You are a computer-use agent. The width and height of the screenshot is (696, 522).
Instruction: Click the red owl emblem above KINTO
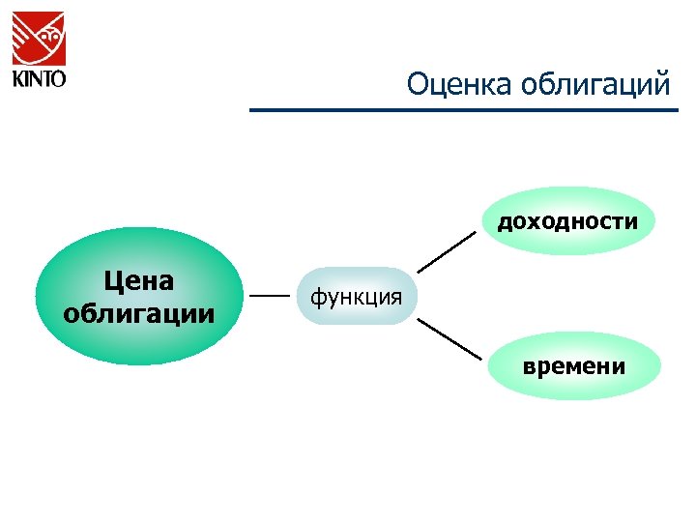click(39, 37)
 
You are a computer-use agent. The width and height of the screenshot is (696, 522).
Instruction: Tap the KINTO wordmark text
click(39, 77)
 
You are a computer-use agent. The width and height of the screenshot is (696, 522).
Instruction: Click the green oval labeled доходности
click(567, 220)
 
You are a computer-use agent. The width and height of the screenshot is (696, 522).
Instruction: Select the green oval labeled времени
click(574, 365)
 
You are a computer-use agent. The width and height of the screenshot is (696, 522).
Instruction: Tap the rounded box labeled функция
click(356, 296)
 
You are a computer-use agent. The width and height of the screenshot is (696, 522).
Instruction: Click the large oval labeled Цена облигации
click(139, 297)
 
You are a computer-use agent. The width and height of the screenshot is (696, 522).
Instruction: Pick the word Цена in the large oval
click(139, 281)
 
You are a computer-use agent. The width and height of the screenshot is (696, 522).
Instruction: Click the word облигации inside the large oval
click(139, 313)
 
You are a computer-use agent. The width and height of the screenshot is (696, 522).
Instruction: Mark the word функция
click(356, 296)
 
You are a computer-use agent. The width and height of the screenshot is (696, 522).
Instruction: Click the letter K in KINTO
click(17, 77)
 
